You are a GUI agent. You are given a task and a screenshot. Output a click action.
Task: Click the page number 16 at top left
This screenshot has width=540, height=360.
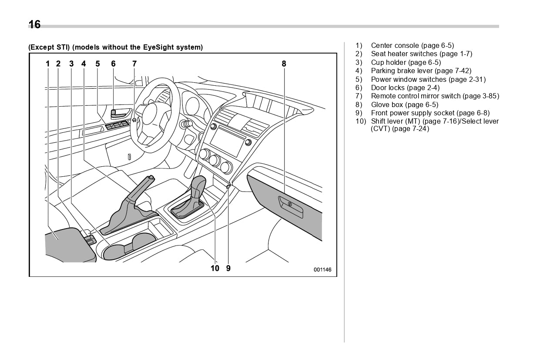tap(34, 25)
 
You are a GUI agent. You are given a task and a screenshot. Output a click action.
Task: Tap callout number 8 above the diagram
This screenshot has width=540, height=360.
tap(284, 64)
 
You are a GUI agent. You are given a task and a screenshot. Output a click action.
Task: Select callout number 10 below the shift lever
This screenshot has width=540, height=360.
tap(215, 269)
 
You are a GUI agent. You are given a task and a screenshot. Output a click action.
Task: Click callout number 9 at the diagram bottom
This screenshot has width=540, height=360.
tap(228, 269)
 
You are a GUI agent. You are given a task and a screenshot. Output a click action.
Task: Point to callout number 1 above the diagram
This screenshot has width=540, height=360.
tap(48, 64)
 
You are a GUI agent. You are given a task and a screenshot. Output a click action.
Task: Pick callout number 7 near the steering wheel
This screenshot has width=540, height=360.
tap(134, 64)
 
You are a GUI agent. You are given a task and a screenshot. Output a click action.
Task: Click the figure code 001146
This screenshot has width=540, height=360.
tap(322, 270)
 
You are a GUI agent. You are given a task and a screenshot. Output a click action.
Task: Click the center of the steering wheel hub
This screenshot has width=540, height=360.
tap(152, 114)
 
